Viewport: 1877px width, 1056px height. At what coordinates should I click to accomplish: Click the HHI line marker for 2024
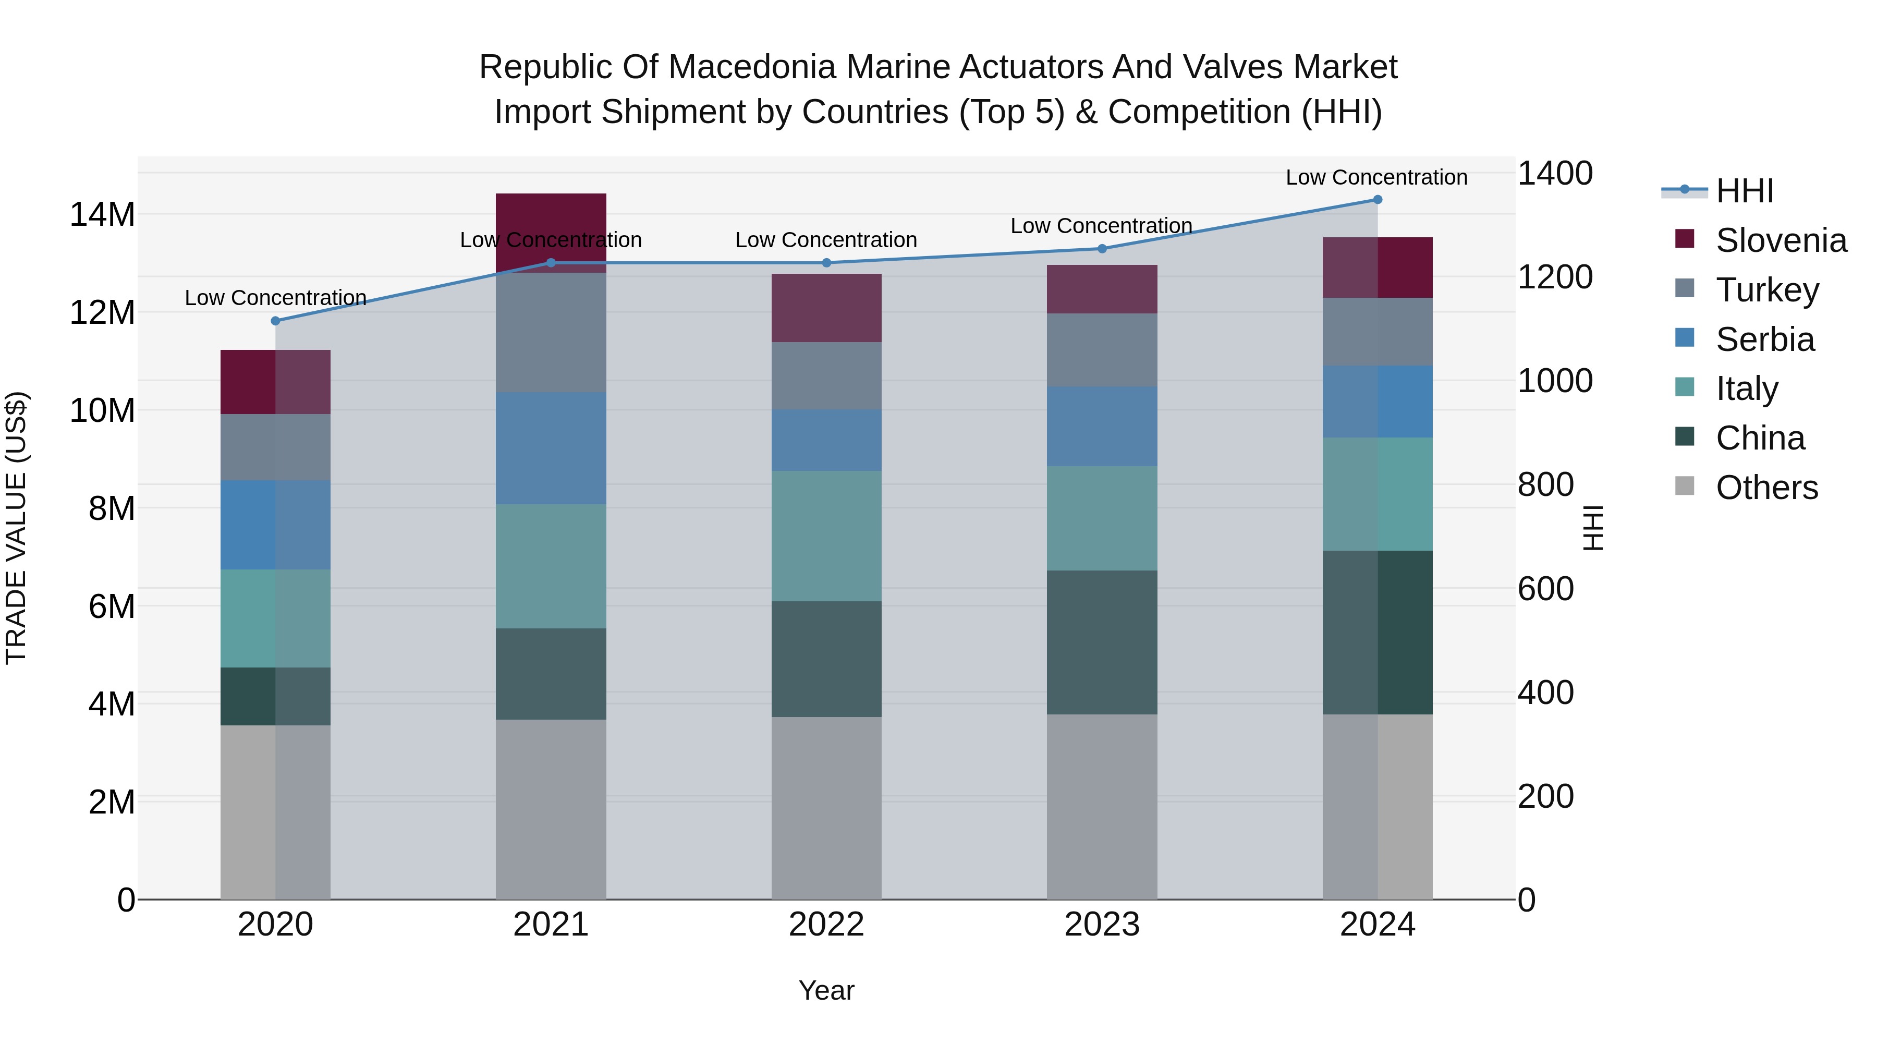(1377, 200)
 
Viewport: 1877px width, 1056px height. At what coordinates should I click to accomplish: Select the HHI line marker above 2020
(275, 321)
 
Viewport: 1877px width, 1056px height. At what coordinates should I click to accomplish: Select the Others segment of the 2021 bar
(551, 809)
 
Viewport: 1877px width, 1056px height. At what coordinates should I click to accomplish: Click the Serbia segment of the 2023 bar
(1102, 427)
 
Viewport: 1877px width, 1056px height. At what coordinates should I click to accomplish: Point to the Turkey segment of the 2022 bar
(826, 376)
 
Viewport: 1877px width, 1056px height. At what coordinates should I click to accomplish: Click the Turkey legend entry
(1767, 290)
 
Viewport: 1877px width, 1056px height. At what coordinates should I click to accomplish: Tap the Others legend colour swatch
(1685, 486)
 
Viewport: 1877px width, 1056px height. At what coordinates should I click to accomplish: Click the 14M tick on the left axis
(102, 215)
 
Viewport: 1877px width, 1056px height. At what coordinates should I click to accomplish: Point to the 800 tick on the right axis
(1545, 484)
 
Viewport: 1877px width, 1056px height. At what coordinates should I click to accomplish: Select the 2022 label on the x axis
(826, 925)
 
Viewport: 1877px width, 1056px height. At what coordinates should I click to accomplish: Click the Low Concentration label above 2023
(1101, 226)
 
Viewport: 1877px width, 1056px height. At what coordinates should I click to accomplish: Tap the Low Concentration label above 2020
(275, 298)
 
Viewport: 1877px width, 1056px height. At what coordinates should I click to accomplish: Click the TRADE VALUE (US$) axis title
(16, 528)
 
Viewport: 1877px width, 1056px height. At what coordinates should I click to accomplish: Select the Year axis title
(826, 990)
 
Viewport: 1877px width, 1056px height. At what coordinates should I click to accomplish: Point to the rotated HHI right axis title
(1593, 528)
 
